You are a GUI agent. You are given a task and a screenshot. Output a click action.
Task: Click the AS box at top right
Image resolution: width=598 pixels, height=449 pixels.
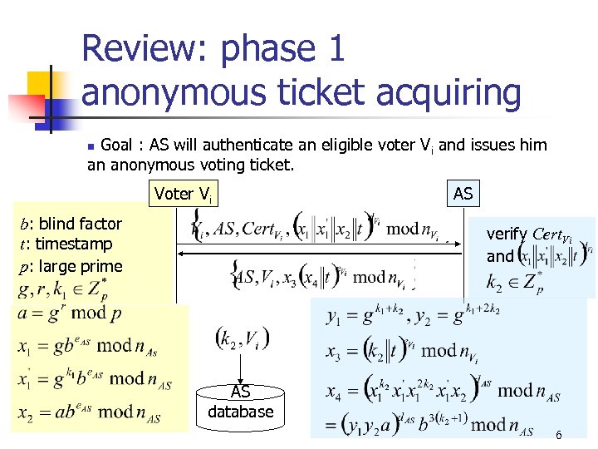(x=463, y=194)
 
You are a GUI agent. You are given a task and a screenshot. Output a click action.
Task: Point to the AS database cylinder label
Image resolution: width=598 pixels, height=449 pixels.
(x=240, y=402)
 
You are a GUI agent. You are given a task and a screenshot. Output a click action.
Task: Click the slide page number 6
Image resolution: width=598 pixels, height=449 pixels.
(x=558, y=435)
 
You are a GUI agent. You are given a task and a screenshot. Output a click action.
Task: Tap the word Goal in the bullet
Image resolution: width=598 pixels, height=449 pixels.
(x=119, y=146)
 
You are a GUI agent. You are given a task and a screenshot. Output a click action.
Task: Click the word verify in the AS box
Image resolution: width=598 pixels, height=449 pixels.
(x=506, y=234)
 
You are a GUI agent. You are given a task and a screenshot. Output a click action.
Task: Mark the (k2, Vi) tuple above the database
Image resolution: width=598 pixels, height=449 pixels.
(x=241, y=338)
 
